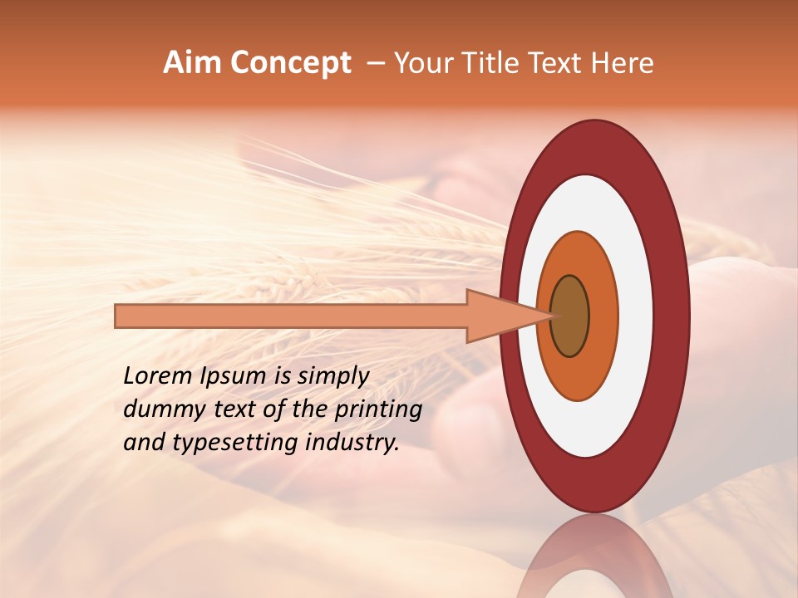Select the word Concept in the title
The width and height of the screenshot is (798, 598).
click(x=290, y=64)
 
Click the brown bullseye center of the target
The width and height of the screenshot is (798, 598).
click(x=570, y=316)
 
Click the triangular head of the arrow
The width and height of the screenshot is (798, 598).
click(x=499, y=316)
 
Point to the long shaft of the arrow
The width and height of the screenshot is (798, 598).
click(x=291, y=316)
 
